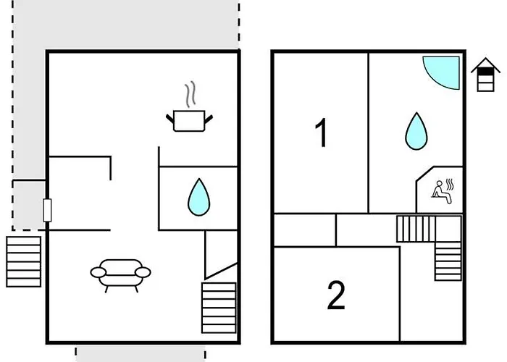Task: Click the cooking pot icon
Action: coord(189,121)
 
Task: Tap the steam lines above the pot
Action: coord(190,94)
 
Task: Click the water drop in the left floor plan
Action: coord(199,197)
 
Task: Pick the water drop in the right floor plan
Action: coord(416,131)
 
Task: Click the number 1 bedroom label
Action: coord(321,132)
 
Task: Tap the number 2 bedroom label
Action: coord(336,295)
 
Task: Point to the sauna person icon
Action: coord(441,193)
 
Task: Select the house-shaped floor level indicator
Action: coord(486,75)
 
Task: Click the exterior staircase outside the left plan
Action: coord(24,261)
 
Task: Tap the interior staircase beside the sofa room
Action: coord(219,308)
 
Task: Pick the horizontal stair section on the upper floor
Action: coord(416,229)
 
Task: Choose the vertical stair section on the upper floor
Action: coord(448,261)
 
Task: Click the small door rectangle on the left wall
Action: coord(47,210)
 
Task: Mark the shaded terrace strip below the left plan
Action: coord(141,354)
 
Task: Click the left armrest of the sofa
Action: coord(98,272)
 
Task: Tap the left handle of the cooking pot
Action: coord(170,118)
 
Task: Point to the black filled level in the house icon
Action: coord(486,72)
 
